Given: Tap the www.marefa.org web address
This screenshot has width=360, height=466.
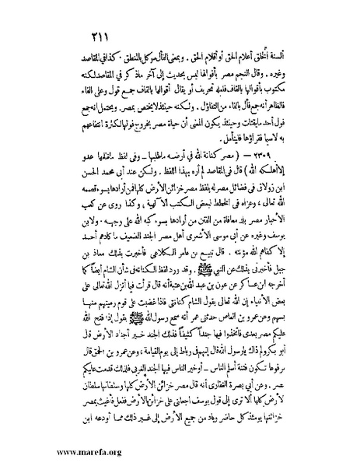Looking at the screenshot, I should coord(77,453).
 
